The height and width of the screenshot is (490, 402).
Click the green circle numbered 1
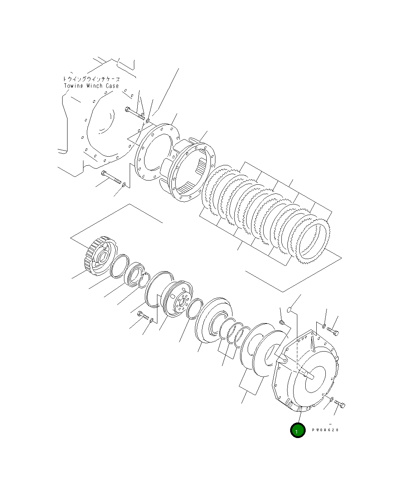pos(298,430)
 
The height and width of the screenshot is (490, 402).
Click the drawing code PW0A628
pos(325,430)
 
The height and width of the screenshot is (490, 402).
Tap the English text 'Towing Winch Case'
pos(91,86)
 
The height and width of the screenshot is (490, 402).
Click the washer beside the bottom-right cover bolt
pos(331,399)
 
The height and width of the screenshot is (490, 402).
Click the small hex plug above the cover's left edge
pos(281,322)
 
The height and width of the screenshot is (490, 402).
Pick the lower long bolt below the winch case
pos(110,176)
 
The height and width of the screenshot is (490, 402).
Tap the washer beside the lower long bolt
pos(124,185)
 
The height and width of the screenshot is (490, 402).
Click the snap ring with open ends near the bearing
pos(143,281)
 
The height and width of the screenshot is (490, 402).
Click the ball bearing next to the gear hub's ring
pos(134,273)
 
